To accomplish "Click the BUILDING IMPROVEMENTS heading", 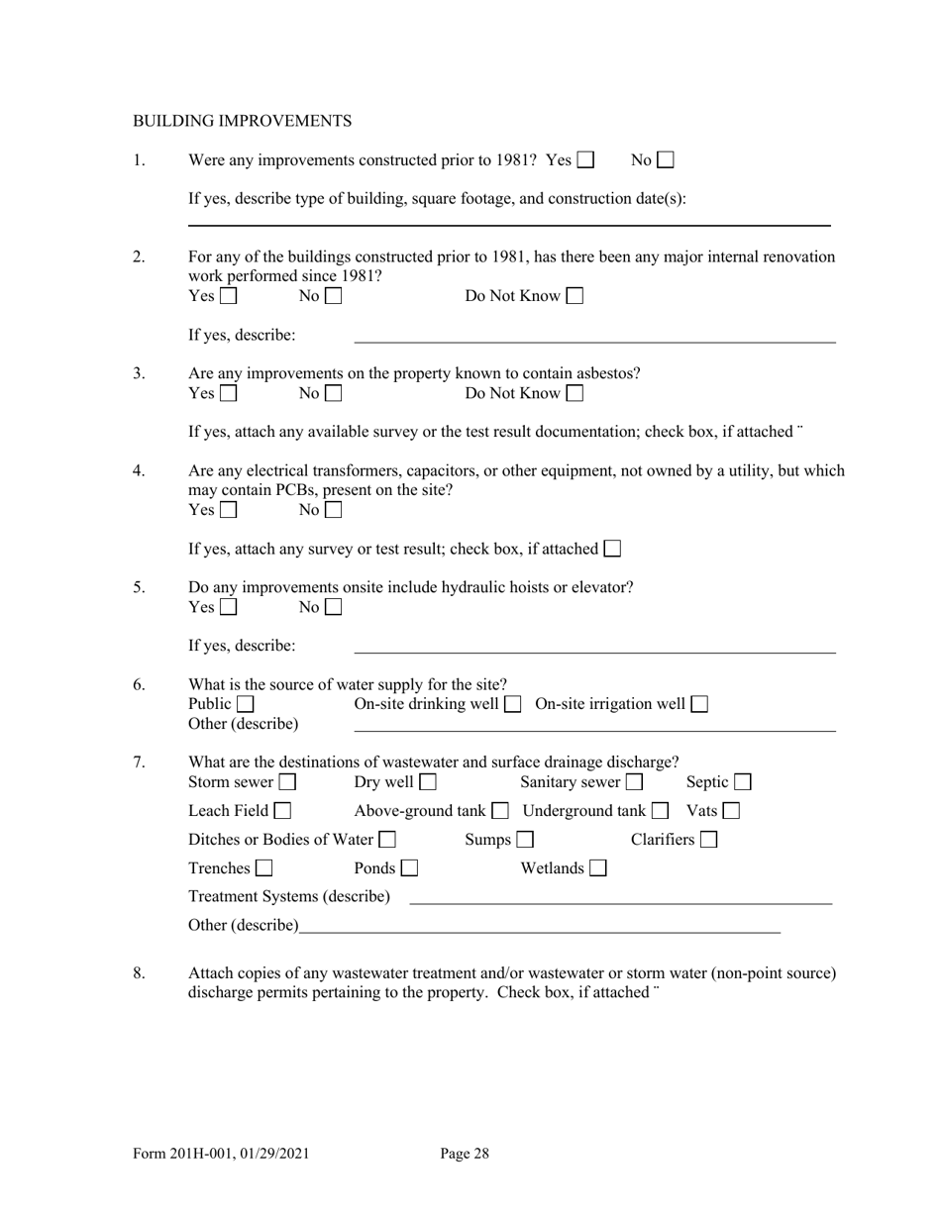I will [242, 121].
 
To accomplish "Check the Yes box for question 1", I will [585, 159].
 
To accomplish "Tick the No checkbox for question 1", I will [666, 159].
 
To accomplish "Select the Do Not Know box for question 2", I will [575, 296].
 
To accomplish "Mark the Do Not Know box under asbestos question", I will [575, 394].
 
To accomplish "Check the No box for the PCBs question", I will [333, 511].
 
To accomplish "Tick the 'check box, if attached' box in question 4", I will [612, 549].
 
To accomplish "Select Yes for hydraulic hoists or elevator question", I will [228, 608].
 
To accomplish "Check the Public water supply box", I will [245, 705].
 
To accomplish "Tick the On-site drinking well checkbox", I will [512, 705].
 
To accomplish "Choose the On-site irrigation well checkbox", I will [699, 705].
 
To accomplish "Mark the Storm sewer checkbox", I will [287, 783].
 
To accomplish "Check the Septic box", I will [742, 783].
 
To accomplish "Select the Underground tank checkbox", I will [660, 812].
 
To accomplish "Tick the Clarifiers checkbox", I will [708, 841].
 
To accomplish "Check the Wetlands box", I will [597, 869].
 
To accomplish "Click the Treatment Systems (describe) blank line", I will [620, 901].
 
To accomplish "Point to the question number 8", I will [140, 973].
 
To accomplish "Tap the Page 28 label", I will [465, 1153].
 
